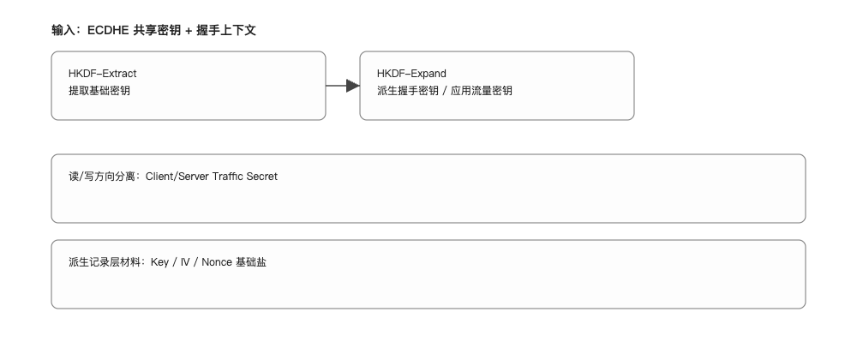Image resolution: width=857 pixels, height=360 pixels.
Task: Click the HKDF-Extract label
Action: (102, 74)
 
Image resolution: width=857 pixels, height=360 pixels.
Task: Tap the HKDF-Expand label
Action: (411, 74)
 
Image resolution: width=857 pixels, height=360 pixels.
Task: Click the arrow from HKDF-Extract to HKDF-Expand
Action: (343, 86)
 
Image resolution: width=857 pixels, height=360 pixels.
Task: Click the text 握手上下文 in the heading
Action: (227, 30)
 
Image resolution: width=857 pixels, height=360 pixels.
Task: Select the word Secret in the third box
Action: (261, 177)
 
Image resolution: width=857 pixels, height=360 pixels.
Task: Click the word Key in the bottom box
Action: (159, 262)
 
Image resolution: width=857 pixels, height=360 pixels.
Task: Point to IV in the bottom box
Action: (185, 262)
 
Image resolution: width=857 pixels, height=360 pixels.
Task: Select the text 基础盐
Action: (250, 262)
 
